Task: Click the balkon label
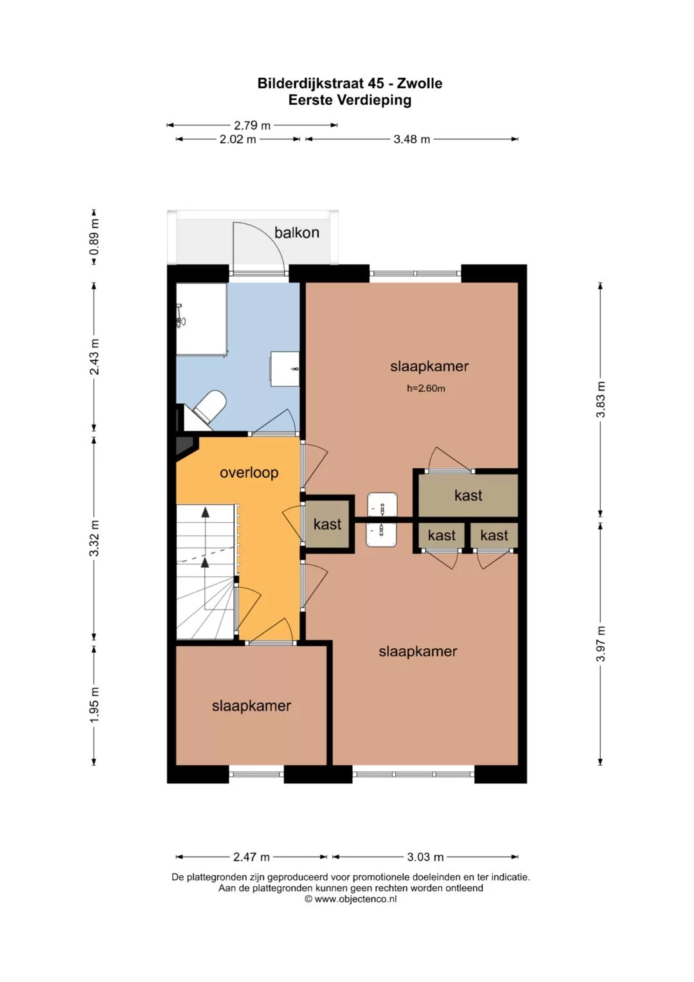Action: click(297, 232)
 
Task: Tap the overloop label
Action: click(249, 473)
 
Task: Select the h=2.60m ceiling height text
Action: click(426, 388)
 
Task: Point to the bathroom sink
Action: click(285, 368)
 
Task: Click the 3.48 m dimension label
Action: click(411, 140)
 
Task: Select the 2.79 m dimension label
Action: click(252, 125)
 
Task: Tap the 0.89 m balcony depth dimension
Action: click(94, 237)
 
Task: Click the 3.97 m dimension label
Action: click(600, 644)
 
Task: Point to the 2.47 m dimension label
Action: click(251, 857)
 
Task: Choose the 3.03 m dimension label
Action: click(425, 857)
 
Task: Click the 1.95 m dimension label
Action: click(94, 705)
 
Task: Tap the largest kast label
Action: click(468, 495)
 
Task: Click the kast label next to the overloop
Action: click(327, 524)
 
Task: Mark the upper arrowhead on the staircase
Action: click(205, 512)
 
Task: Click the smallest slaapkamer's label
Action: click(251, 706)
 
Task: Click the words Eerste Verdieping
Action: click(350, 100)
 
